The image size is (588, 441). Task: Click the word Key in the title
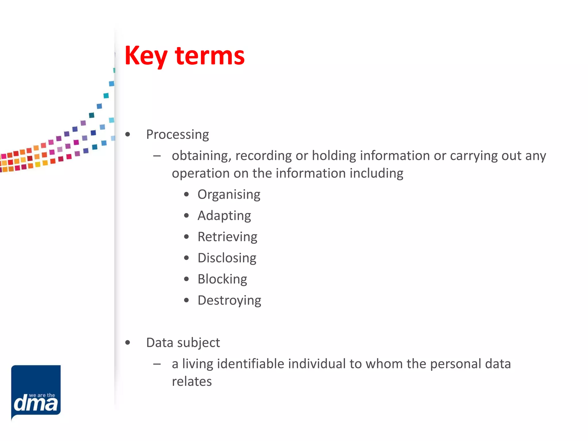tap(146, 56)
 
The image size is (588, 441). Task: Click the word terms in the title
tap(210, 56)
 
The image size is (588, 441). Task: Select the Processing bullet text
tap(177, 134)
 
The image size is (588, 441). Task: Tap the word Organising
tap(229, 195)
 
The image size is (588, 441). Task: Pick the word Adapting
tap(224, 216)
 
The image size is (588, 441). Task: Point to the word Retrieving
tap(227, 237)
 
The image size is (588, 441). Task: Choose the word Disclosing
tap(227, 258)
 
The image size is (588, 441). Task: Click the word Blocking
tap(222, 279)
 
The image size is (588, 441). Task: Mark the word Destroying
tap(229, 301)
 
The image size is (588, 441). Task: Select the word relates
tap(192, 382)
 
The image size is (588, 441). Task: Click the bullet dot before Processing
tap(128, 134)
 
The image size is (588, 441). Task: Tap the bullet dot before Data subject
tap(128, 343)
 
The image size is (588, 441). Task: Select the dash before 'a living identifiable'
tap(157, 364)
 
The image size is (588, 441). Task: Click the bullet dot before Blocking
tap(187, 279)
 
